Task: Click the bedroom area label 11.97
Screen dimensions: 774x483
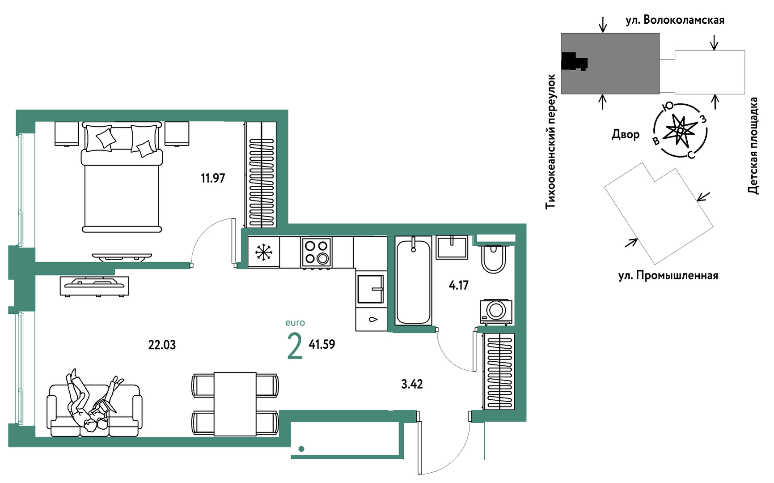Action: coord(213,178)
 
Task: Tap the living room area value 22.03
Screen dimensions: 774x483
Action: coord(162,345)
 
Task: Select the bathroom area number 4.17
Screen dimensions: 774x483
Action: coord(459,285)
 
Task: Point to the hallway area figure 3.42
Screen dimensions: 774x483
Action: coord(412,384)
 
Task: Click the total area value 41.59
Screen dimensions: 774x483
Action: coord(322,344)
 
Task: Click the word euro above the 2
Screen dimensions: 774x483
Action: coord(295,323)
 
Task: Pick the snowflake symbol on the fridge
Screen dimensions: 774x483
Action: coord(264,252)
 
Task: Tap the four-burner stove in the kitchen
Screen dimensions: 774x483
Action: coord(317,252)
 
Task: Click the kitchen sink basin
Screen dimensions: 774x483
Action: coord(370,289)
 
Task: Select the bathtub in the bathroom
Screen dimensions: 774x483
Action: coord(414,281)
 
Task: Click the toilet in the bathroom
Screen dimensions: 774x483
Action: coord(494,259)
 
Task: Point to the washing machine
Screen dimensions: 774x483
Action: coord(495,311)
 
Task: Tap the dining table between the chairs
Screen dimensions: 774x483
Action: coord(235,404)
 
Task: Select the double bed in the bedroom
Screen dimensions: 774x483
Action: coord(122,177)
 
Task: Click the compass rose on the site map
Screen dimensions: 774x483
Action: coord(680,130)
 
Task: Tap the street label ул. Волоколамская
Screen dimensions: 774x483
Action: coord(675,20)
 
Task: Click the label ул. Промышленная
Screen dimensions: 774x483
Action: coord(668,275)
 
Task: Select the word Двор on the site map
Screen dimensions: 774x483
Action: coord(626,134)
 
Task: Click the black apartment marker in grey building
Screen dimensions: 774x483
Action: coord(574,62)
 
